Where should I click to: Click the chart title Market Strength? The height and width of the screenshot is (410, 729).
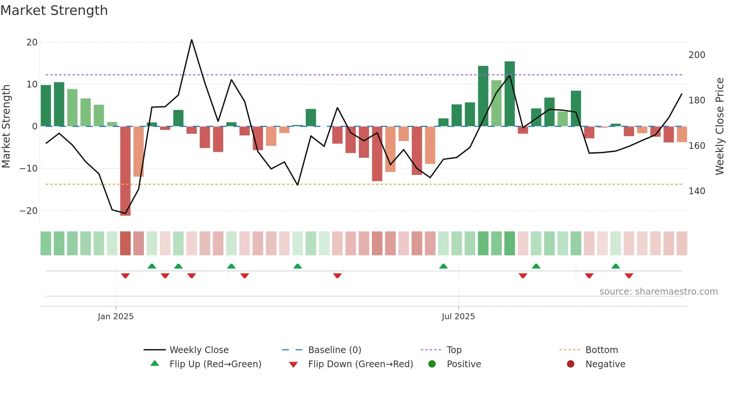(54, 10)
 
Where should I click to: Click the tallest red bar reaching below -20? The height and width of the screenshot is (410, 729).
(125, 171)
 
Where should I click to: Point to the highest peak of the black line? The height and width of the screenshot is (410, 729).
(192, 40)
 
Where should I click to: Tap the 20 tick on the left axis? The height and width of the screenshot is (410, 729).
(32, 42)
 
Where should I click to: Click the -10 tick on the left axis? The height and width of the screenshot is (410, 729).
(29, 169)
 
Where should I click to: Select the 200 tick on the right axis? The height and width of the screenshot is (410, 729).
(697, 55)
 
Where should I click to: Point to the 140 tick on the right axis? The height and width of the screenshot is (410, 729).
(697, 191)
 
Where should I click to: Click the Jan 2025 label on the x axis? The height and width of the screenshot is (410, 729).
(116, 317)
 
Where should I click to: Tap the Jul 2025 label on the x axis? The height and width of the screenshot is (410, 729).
(458, 317)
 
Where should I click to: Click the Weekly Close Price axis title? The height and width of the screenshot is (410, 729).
(720, 126)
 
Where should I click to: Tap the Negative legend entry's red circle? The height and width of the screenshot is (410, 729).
(571, 364)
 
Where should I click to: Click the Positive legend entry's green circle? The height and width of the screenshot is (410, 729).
(432, 364)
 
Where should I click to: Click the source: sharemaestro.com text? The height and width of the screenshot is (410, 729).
(658, 292)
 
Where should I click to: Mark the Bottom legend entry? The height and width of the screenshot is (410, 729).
(601, 350)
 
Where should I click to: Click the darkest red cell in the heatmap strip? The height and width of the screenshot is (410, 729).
(125, 243)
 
